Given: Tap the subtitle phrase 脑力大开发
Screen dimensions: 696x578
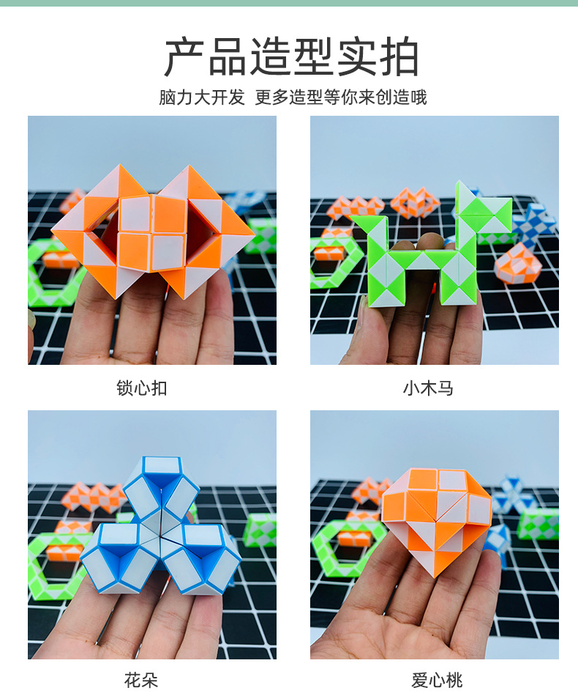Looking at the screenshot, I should pyautogui.click(x=202, y=97).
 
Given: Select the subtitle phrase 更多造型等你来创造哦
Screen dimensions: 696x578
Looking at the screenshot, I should pyautogui.click(x=341, y=97).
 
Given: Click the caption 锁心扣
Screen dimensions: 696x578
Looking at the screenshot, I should pyautogui.click(x=142, y=388).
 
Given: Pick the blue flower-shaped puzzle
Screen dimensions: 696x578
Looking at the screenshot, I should pyautogui.click(x=157, y=527).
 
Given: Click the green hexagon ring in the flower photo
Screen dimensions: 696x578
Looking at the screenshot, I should pyautogui.click(x=55, y=564).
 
